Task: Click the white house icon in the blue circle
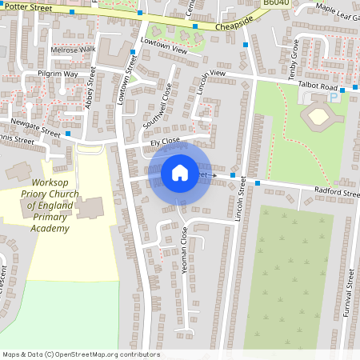click(x=180, y=172)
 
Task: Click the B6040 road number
click(x=276, y=4)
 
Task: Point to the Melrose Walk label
click(x=73, y=49)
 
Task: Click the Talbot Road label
click(x=319, y=86)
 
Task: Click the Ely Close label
click(x=165, y=142)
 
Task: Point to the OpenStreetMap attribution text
click(x=80, y=354)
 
